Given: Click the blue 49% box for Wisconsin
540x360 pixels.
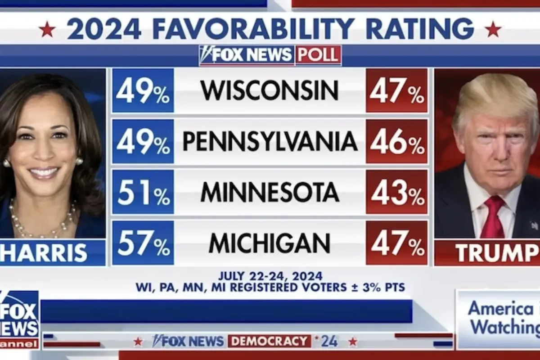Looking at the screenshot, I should tap(143, 90).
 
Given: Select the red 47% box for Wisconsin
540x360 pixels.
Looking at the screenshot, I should tap(396, 90).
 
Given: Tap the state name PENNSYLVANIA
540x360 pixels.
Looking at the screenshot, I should tap(270, 141).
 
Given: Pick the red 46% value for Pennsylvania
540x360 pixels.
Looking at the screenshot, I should tap(396, 141).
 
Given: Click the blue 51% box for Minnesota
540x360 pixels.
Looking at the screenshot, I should tap(143, 192).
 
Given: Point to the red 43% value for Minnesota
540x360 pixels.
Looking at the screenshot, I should tap(396, 192).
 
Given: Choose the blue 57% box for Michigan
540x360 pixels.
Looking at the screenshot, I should tap(143, 243).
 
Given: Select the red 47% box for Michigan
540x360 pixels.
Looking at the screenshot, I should tap(396, 243).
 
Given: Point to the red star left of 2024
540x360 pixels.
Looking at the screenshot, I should tap(47, 30).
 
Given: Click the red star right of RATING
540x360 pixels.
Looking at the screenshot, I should tap(493, 30).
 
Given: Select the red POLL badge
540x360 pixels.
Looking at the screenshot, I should tap(318, 55).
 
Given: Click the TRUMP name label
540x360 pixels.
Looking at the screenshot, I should tap(495, 253).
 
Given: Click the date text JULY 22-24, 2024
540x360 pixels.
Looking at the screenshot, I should tap(270, 276).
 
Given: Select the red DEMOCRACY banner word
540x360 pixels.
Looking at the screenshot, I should tap(269, 341).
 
